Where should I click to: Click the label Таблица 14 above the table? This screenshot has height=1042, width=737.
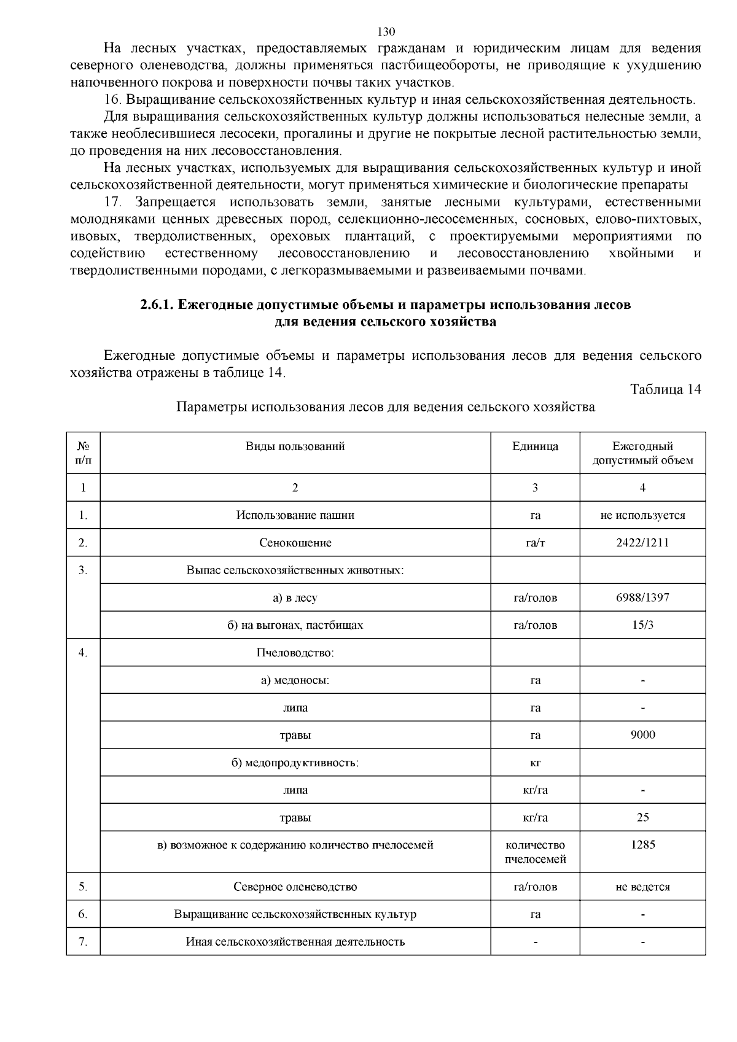pos(665,389)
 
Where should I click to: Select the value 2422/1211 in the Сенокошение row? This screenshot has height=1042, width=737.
pos(642,543)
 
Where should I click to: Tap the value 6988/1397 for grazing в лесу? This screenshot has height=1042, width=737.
pos(642,597)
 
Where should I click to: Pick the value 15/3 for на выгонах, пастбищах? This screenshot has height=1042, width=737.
pos(642,625)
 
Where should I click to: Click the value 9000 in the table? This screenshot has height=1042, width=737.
pos(642,735)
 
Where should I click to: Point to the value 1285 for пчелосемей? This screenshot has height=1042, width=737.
pos(642,845)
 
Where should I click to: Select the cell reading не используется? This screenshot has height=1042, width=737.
pos(642,515)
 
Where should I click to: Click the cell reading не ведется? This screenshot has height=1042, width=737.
pos(642,887)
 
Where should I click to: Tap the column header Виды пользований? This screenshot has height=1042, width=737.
pos(295,446)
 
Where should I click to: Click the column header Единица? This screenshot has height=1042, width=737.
pos(535,446)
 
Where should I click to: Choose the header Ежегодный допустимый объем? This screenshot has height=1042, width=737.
pos(642,453)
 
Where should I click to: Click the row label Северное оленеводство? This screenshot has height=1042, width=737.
pos(295,887)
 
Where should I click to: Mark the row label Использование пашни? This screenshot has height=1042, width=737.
pos(295,515)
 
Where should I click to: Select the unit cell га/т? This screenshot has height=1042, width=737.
pos(535,543)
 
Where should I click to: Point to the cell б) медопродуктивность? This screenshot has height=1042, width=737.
pos(295,763)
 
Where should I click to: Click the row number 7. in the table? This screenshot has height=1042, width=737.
pos(83,942)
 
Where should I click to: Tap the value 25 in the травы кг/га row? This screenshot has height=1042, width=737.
pos(642,817)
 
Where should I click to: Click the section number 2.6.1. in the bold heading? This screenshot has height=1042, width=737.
pos(157,305)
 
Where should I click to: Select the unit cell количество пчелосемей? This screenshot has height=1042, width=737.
pos(535,852)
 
